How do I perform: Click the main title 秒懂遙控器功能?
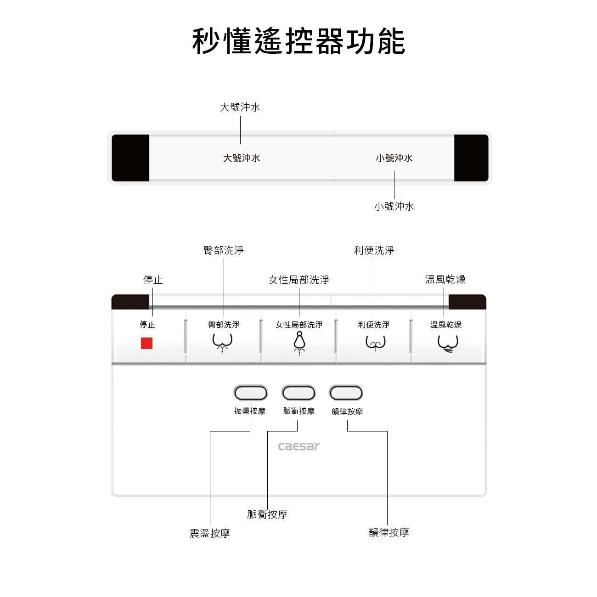pos(298,41)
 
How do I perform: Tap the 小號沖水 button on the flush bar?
pos(394,158)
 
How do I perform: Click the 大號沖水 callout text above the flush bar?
pos(240,107)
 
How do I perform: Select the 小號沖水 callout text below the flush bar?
pos(394,207)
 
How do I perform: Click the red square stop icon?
pos(146,343)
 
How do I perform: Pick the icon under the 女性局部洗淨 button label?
pos(299,344)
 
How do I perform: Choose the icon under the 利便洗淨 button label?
pos(375,343)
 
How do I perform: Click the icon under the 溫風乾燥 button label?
pos(447,343)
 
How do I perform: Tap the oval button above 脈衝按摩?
pos(298,393)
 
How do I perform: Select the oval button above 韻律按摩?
pos(346,393)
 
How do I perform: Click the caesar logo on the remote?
pos(299,446)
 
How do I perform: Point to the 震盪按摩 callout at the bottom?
pos(210,533)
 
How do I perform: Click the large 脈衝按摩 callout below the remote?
pos(267,514)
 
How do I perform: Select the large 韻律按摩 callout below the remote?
pos(389,533)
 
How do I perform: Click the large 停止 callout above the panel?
pos(153,280)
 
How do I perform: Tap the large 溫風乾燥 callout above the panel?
pos(445,279)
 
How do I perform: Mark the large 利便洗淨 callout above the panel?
pos(374,250)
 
